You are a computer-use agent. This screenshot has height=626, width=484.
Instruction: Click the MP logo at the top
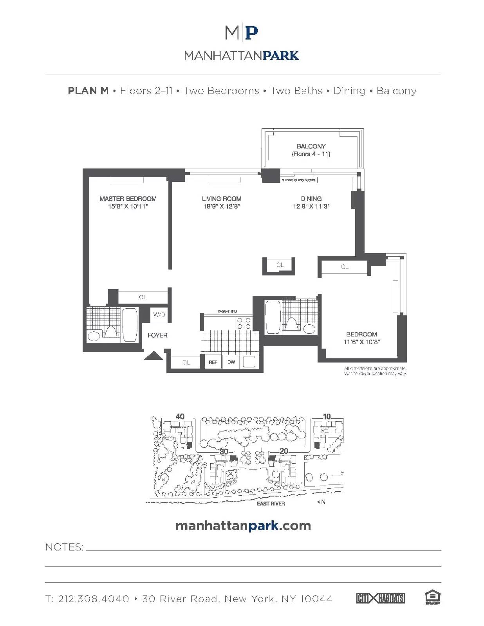pos(242,33)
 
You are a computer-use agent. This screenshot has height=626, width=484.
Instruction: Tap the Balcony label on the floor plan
pos(311,146)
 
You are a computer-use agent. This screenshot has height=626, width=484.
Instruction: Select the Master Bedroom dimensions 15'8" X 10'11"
pos(128,207)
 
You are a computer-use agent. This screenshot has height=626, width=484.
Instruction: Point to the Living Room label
pos(222,199)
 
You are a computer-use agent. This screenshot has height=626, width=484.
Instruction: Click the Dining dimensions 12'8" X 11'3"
pos(311,207)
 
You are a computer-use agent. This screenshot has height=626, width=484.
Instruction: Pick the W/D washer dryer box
pos(159,315)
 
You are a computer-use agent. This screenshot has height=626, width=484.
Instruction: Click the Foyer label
pos(157,335)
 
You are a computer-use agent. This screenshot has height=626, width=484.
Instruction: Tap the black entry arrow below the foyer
pos(154,356)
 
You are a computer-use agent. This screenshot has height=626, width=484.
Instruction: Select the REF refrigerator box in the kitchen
pos(213,362)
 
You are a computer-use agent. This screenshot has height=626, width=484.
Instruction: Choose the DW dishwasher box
pos(231,362)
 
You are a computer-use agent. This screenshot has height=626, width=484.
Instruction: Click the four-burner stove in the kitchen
pos(243,323)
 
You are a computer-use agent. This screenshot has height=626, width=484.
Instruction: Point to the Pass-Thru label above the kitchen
pos(227,311)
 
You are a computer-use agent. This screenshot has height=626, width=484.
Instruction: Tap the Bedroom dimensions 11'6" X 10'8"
pos(361,342)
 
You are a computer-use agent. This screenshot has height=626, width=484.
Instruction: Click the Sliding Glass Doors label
pos(298,180)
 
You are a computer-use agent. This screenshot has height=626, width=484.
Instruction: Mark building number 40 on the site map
pos(180,416)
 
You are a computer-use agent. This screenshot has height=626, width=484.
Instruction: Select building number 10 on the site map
pos(327,416)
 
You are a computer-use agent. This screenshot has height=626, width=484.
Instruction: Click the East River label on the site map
pos(271,504)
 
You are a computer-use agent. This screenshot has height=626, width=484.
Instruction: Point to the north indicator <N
pos(321,502)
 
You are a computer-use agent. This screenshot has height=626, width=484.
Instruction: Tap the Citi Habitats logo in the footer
pos(380,598)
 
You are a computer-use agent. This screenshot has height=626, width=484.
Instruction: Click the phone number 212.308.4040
pos(93,599)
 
